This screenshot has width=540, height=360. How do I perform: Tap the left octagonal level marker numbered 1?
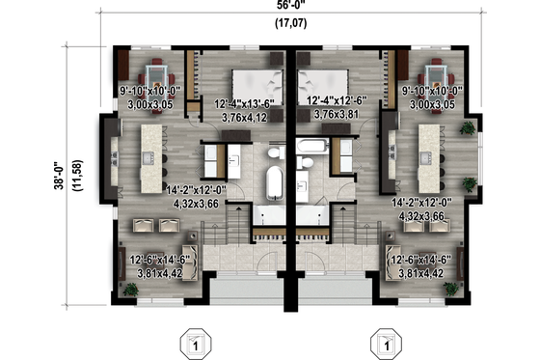click(195, 343)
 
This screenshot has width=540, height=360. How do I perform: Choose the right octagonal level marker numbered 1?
click(385, 343)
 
